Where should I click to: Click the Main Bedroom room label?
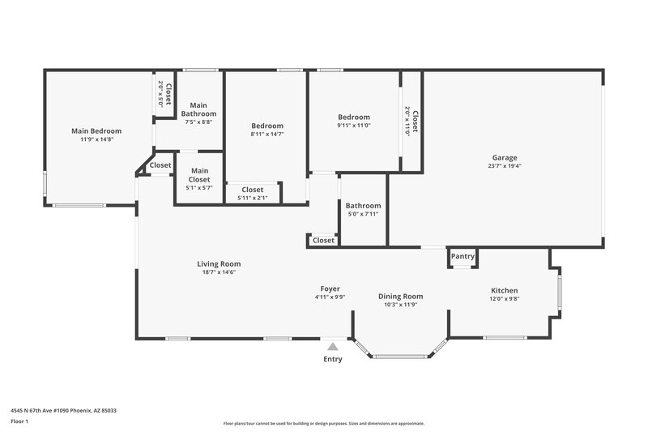[96, 131]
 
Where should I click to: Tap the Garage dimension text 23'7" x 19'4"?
[505, 166]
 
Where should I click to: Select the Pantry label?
[463, 256]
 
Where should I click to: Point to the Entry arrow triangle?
[332, 347]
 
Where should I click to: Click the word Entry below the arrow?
[332, 359]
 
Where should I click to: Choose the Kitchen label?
[504, 290]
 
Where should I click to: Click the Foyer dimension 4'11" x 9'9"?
[330, 297]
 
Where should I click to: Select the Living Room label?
[219, 263]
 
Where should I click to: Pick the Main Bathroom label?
[198, 109]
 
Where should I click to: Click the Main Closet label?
[199, 174]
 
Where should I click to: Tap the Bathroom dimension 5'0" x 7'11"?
[363, 215]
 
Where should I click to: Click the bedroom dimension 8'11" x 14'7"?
[266, 135]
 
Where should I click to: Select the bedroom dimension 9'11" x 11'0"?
[353, 126]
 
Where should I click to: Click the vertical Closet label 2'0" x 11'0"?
[411, 122]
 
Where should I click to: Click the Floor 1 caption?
[19, 422]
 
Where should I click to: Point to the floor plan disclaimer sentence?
[323, 423]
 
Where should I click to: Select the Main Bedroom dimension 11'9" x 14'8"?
[96, 139]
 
